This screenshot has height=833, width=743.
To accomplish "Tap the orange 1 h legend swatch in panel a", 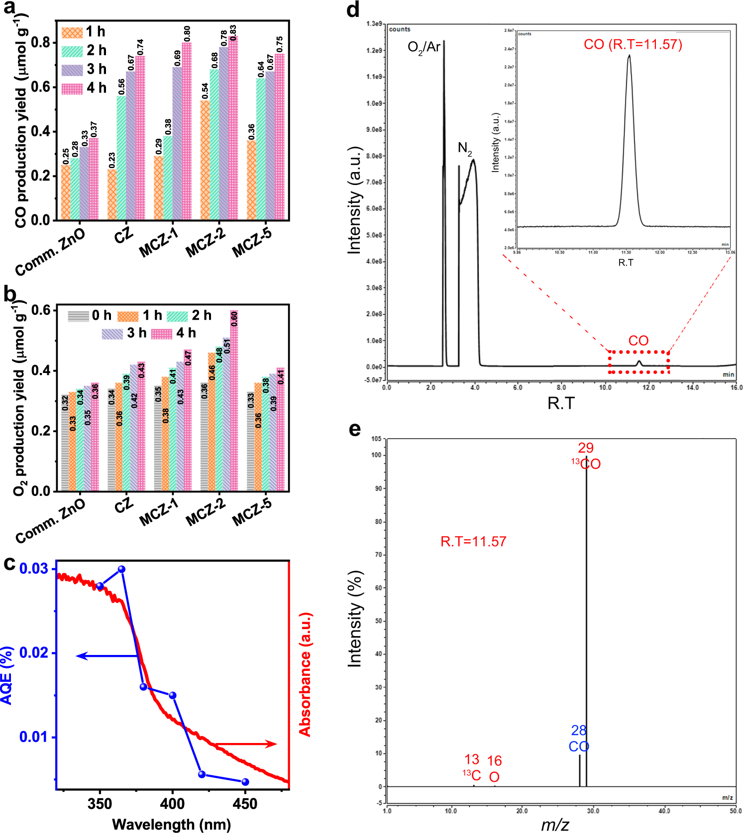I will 72,32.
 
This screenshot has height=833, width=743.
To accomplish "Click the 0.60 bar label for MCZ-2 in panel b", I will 234,319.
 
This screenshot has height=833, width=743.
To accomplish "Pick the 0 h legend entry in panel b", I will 90,316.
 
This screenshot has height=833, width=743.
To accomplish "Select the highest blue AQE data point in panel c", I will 121,569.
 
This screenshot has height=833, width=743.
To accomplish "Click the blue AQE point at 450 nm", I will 245,782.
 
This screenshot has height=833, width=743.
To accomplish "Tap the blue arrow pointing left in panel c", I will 107,656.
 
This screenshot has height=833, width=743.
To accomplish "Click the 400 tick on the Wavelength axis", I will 173,804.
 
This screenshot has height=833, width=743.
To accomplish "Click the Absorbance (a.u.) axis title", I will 305,674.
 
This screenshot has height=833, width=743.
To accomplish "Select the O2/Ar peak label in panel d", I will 424,47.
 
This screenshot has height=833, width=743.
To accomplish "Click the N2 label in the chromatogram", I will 464,148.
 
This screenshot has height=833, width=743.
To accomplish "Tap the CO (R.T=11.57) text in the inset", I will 633,44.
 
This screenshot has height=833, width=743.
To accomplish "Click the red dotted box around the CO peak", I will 638,362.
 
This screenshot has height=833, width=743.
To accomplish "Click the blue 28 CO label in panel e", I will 579,739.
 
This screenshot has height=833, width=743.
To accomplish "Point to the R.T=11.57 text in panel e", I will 473,542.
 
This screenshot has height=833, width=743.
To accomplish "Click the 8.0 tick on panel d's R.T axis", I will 561,387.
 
